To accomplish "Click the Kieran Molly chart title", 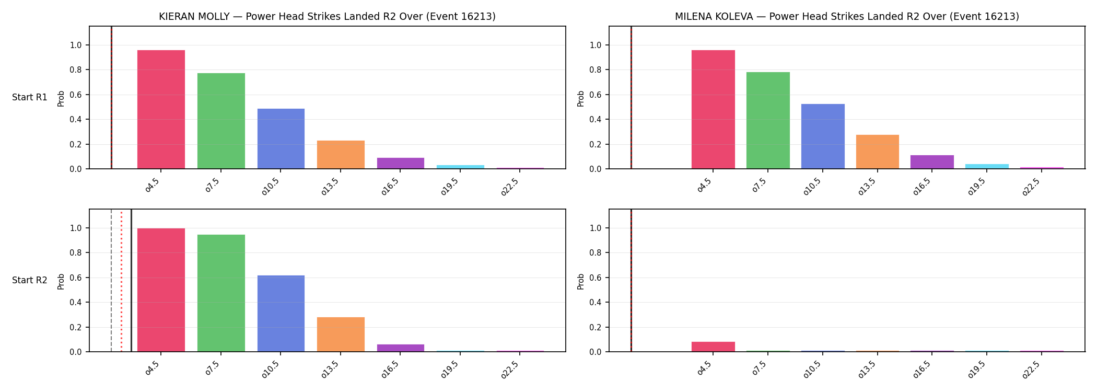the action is coord(327,17).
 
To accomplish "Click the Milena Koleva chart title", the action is coord(847,17).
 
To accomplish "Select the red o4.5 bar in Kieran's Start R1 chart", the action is coord(161,109).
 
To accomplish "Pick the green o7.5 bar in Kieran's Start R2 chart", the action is coord(221,293).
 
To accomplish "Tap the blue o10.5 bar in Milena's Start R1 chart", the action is coord(823,136).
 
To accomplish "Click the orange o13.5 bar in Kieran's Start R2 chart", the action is coord(341,335).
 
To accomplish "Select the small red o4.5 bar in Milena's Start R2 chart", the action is coord(713,347).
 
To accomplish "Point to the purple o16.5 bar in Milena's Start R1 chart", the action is coord(932,162).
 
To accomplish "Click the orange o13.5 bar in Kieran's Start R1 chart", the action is coord(341,155).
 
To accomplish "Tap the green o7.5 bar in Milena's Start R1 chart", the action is coord(768,120).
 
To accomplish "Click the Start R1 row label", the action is coord(30,98).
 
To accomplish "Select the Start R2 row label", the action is coord(30,281).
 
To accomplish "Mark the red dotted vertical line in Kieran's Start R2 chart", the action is coord(121,281).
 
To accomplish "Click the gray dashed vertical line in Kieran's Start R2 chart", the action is coord(111,281).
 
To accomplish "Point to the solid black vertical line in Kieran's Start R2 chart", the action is coord(131,281).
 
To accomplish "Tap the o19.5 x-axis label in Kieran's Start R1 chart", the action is coord(450,187).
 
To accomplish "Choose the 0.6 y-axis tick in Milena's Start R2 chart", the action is coord(596,278).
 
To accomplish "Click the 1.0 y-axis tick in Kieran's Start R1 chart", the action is coord(76,45).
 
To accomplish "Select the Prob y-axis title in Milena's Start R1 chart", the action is coord(581,98).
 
